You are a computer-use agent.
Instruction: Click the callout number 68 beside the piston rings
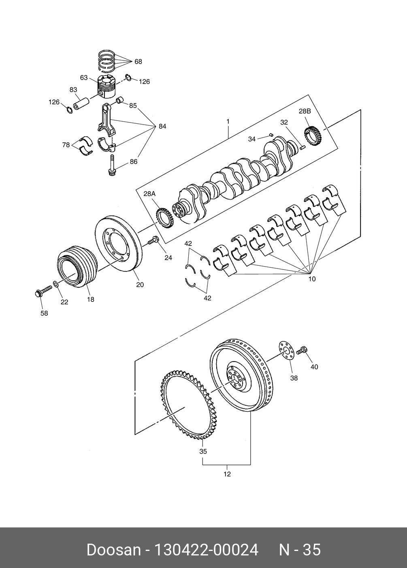(138, 62)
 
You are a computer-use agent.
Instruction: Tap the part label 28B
(305, 111)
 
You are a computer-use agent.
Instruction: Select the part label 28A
(149, 194)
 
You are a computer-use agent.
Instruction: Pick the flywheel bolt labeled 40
(302, 351)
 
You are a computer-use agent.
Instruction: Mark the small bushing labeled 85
(119, 100)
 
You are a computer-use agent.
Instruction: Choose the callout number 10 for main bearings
(312, 279)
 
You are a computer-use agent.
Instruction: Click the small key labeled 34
(271, 134)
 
